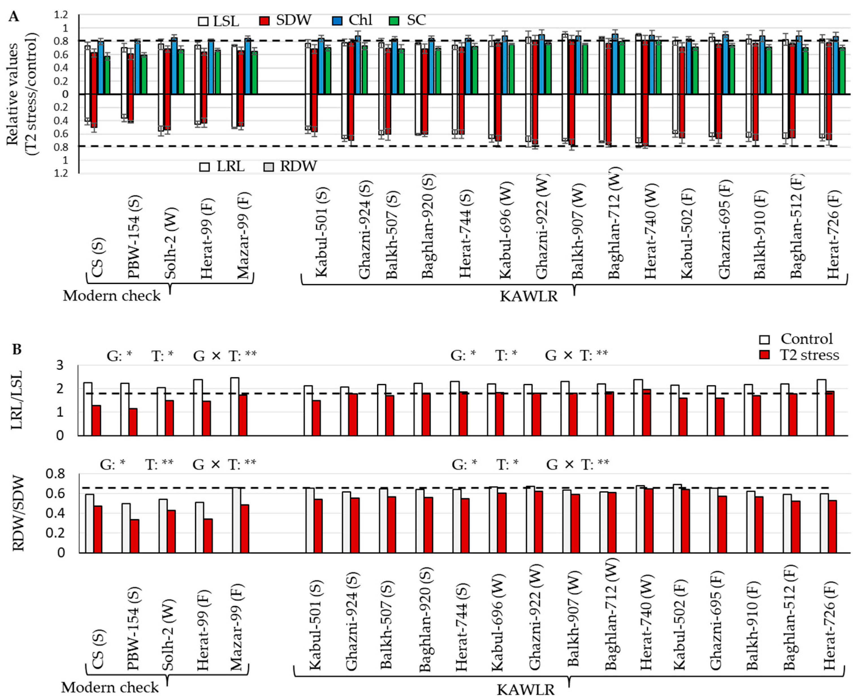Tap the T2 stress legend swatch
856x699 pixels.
(x=764, y=355)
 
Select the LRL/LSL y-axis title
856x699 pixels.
(x=17, y=400)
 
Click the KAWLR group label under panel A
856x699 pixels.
(x=529, y=297)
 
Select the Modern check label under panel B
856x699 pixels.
(x=110, y=687)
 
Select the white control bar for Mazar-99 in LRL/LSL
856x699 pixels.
(x=235, y=406)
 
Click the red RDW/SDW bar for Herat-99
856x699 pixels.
(x=208, y=535)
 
